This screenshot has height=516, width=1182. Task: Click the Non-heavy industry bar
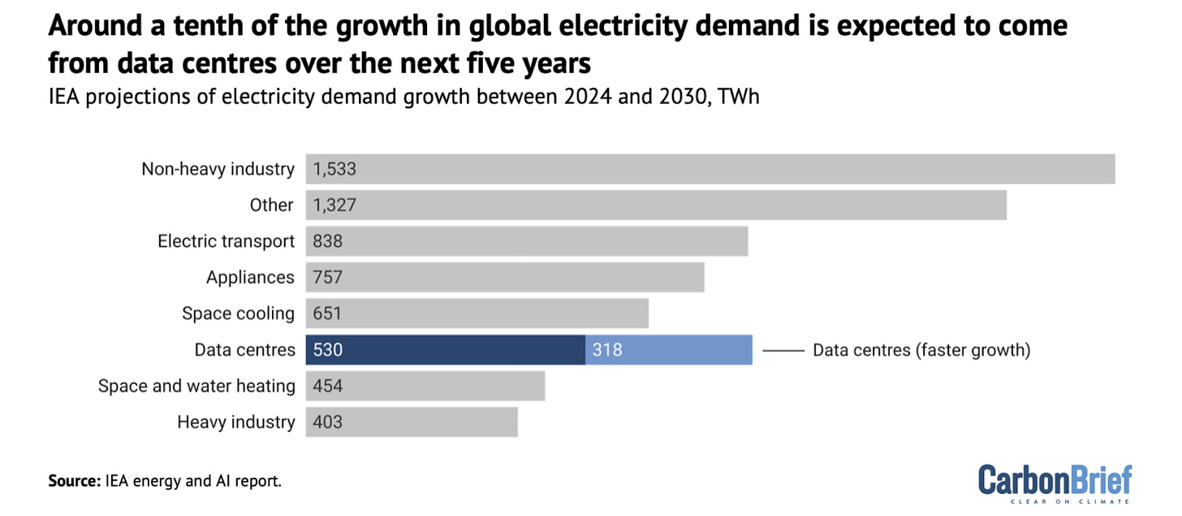(710, 169)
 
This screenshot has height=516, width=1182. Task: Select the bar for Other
(656, 205)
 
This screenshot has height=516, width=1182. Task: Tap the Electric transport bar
(527, 241)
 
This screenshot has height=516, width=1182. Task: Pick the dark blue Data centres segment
(446, 350)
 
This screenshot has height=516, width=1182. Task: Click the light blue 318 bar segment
(669, 350)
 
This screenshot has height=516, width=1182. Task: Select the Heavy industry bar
(412, 422)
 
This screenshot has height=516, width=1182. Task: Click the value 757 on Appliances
(328, 278)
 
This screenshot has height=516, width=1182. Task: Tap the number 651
(328, 314)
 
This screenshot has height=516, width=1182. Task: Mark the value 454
(328, 386)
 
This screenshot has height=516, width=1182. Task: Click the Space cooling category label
(238, 314)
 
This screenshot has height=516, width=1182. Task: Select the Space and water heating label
(196, 386)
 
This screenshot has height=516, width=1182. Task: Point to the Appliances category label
(250, 278)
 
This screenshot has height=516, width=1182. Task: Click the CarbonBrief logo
(1055, 482)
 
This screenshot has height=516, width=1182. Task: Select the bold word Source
(74, 481)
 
